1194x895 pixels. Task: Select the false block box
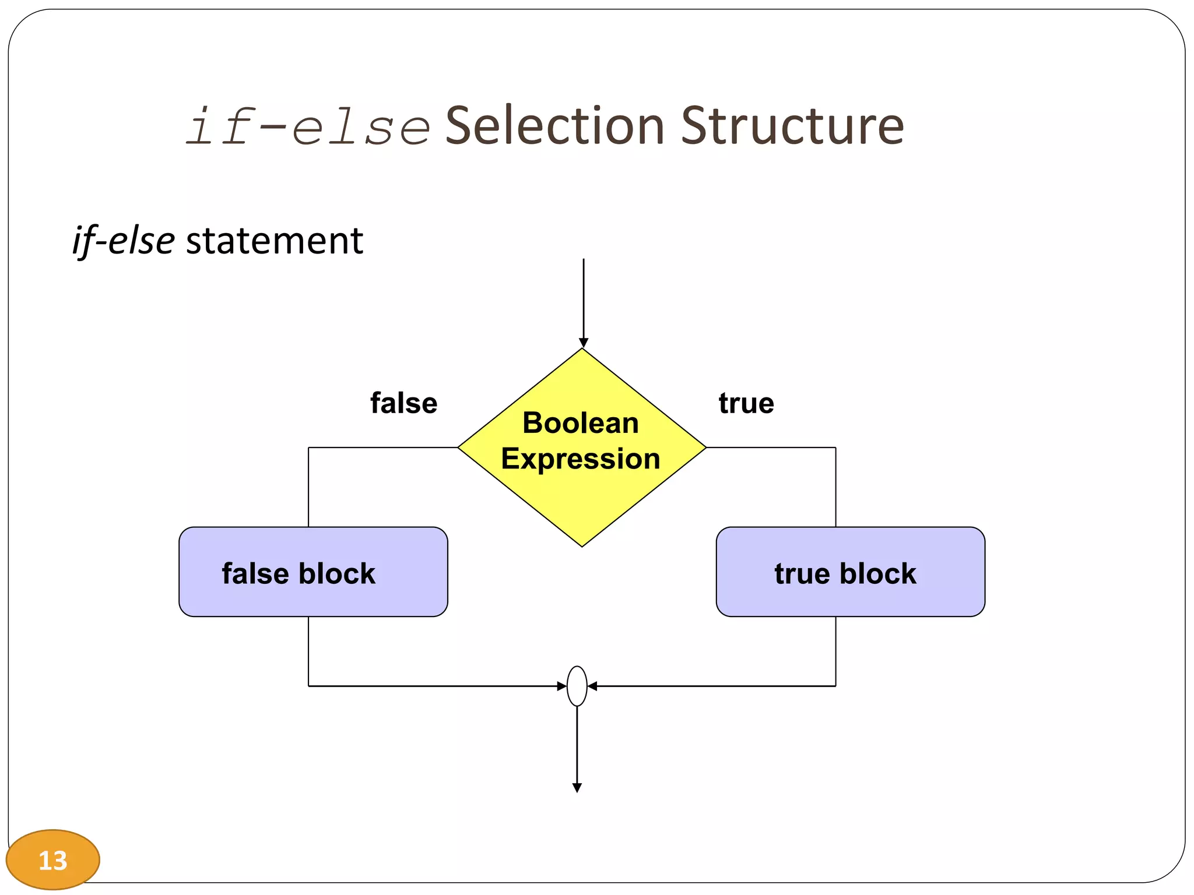(x=313, y=572)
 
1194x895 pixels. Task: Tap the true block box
(x=850, y=572)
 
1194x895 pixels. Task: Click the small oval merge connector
(x=577, y=686)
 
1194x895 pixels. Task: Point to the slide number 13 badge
(x=52, y=860)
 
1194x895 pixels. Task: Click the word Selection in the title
(x=554, y=126)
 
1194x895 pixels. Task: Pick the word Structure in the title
(x=792, y=126)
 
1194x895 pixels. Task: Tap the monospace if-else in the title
(x=308, y=127)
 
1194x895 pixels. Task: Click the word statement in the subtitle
(x=274, y=240)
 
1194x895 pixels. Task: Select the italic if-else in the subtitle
(x=123, y=240)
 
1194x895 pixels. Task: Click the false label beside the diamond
(x=403, y=403)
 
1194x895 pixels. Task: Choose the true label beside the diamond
(x=746, y=403)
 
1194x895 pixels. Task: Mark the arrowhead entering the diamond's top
(x=584, y=343)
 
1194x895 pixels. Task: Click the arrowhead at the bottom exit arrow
(x=577, y=788)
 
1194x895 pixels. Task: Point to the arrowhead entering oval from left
(x=562, y=686)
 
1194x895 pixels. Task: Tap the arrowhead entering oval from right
(x=592, y=686)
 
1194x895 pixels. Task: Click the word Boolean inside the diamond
(x=580, y=423)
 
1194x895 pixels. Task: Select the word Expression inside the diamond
(x=580, y=459)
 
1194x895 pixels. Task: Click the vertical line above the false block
(x=308, y=487)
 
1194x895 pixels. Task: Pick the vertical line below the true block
(x=835, y=651)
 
